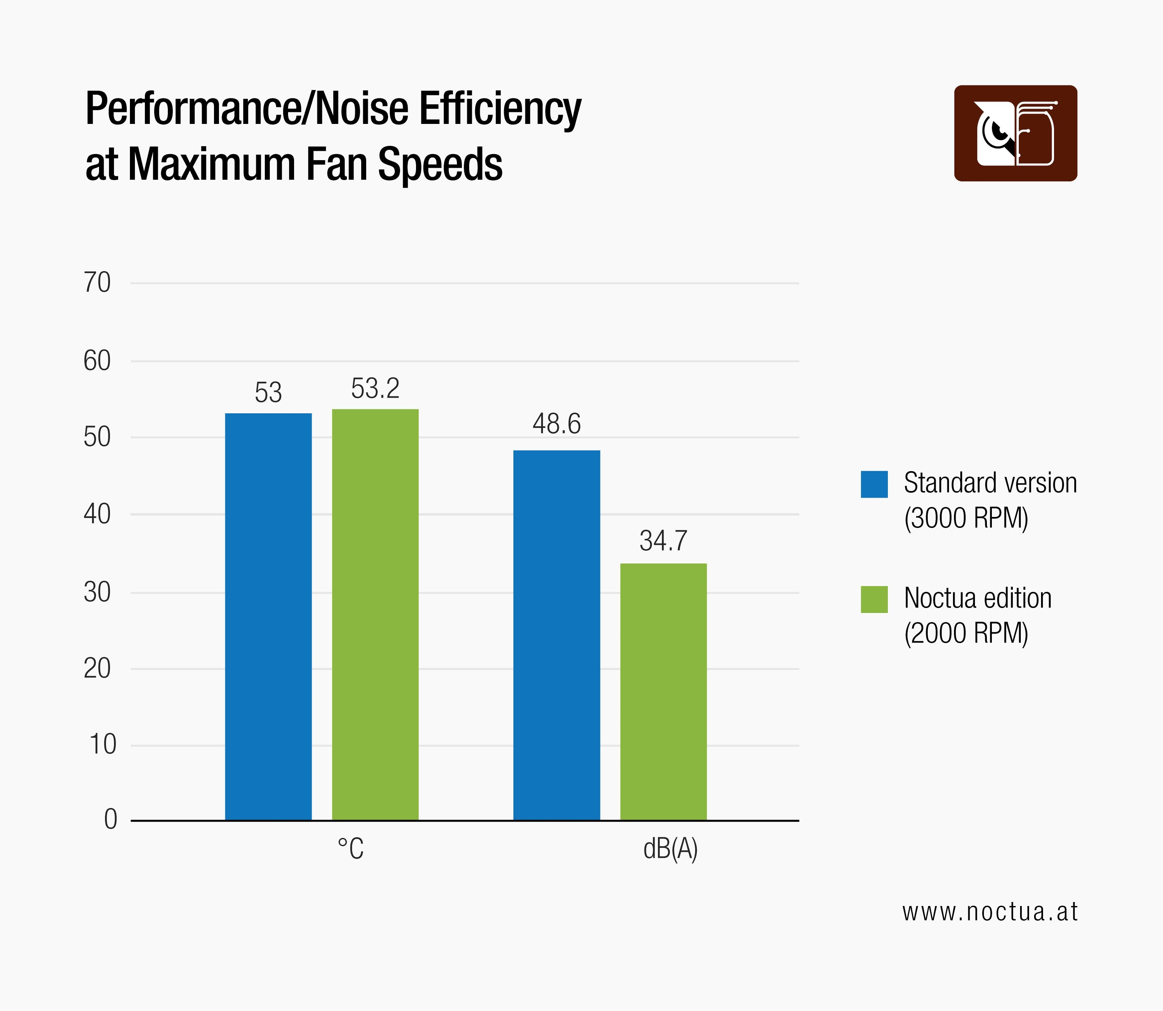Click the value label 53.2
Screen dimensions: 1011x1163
point(375,389)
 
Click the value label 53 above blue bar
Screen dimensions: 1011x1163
point(268,393)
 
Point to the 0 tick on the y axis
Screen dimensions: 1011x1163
point(111,819)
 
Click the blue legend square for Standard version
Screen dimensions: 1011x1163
point(874,484)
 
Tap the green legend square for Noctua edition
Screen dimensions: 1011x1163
point(874,599)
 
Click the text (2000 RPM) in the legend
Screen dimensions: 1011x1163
point(966,633)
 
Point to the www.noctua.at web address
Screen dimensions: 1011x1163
point(990,912)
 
